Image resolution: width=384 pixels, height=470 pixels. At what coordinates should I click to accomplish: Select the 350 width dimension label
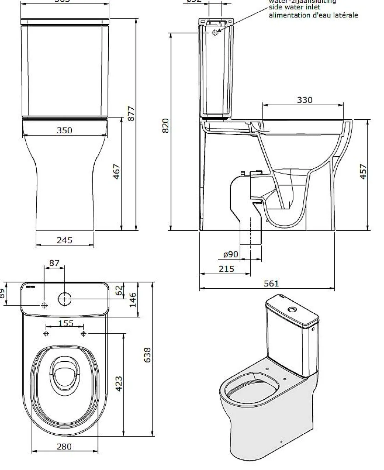64,130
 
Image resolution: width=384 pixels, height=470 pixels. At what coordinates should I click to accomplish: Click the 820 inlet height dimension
165,126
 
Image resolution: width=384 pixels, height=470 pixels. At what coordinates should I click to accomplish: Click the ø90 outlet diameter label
230,254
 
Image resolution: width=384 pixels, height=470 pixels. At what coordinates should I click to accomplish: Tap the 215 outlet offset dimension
226,269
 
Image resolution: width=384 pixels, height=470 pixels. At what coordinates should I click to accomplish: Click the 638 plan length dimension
147,355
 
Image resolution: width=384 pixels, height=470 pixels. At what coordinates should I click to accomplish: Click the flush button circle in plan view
64,299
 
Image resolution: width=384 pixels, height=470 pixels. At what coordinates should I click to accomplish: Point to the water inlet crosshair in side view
215,33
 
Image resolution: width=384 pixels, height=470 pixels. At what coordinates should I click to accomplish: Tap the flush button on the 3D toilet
292,310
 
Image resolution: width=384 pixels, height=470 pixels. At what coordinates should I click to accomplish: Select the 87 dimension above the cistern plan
54,263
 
